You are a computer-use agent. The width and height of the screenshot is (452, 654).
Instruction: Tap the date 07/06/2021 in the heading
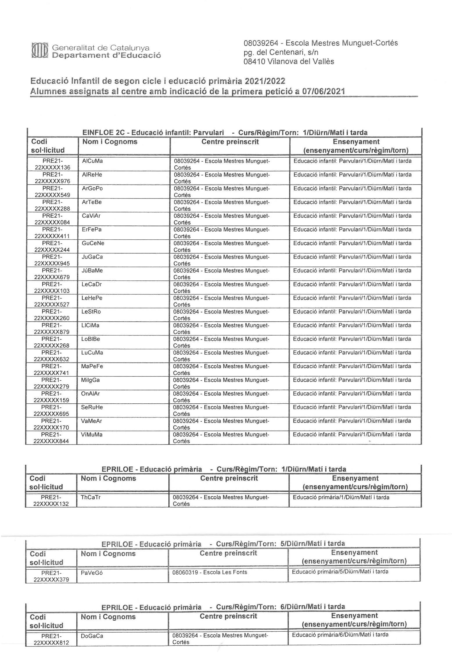[x=323, y=91]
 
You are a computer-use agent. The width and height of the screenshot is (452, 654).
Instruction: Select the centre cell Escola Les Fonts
[x=210, y=572]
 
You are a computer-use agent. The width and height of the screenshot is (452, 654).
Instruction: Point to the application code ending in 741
[x=52, y=369]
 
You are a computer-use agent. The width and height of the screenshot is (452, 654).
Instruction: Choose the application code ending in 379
[x=51, y=576]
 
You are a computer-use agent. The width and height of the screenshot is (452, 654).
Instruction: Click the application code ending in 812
[x=51, y=639]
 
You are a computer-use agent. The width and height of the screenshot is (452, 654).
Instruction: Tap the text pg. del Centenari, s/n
[x=281, y=52]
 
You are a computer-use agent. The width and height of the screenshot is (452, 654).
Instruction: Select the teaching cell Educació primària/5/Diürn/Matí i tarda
[x=340, y=572]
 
